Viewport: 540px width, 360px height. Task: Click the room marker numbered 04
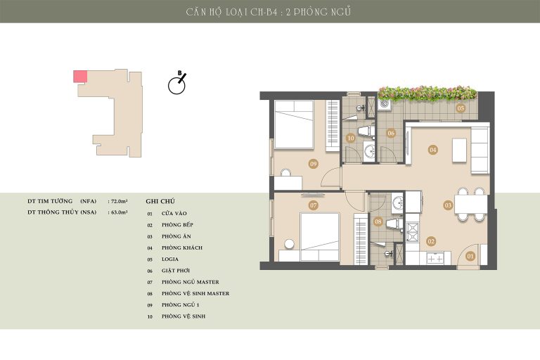click(433, 150)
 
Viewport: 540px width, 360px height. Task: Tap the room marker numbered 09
click(314, 164)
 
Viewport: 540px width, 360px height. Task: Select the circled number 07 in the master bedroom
click(314, 205)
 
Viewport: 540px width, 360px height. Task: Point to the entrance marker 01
click(470, 256)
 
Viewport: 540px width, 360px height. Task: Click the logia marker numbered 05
click(461, 108)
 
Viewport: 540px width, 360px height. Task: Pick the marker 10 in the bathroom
click(351, 138)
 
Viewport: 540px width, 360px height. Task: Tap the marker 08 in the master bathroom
click(378, 221)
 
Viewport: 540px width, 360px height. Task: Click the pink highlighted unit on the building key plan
click(80, 76)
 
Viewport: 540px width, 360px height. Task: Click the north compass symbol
click(177, 83)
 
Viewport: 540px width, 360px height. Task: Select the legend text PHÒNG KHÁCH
click(182, 247)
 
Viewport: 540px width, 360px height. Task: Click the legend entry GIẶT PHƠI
click(176, 271)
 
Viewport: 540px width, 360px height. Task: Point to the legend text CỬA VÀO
click(174, 213)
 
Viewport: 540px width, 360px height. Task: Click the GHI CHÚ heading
click(160, 201)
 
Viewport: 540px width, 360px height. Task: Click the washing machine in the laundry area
click(385, 104)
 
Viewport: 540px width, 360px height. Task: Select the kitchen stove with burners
click(412, 232)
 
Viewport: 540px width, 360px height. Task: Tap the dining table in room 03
click(471, 205)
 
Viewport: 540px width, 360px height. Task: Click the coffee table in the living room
click(459, 150)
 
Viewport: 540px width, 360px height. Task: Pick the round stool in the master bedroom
click(289, 244)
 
